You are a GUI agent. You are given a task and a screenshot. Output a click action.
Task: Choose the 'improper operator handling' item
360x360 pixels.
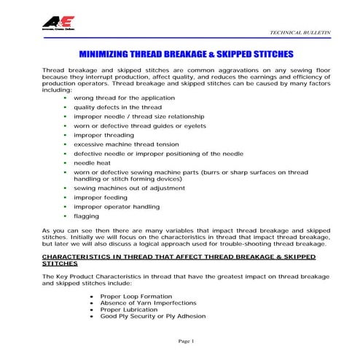[116, 207]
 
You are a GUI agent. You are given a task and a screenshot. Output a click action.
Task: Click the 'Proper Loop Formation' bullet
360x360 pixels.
[136, 297]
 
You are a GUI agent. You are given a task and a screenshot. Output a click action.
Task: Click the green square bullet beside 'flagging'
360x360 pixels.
[66, 216]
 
